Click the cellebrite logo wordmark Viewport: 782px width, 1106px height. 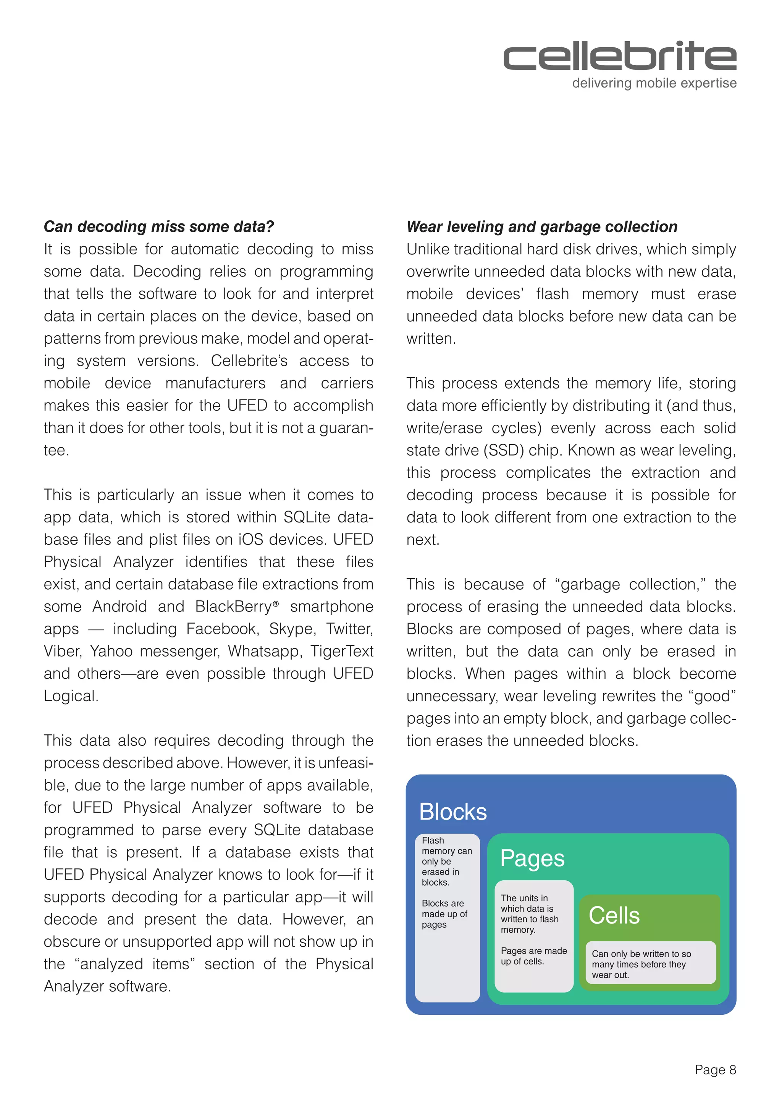620,57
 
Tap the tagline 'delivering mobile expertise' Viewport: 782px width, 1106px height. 654,83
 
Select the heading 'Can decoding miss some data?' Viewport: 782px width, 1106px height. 159,226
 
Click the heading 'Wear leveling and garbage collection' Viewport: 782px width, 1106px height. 542,226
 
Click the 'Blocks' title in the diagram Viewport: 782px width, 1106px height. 452,812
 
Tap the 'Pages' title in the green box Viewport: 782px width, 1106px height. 532,859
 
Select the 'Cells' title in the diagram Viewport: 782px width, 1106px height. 614,915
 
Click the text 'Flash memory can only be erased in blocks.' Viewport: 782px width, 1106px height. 446,861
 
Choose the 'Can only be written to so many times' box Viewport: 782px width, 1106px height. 650,964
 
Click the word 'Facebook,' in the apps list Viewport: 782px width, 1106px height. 223,629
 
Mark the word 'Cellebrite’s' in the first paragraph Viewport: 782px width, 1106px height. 249,361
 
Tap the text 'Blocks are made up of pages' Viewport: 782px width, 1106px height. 444,914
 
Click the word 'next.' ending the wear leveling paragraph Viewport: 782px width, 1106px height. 423,540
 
